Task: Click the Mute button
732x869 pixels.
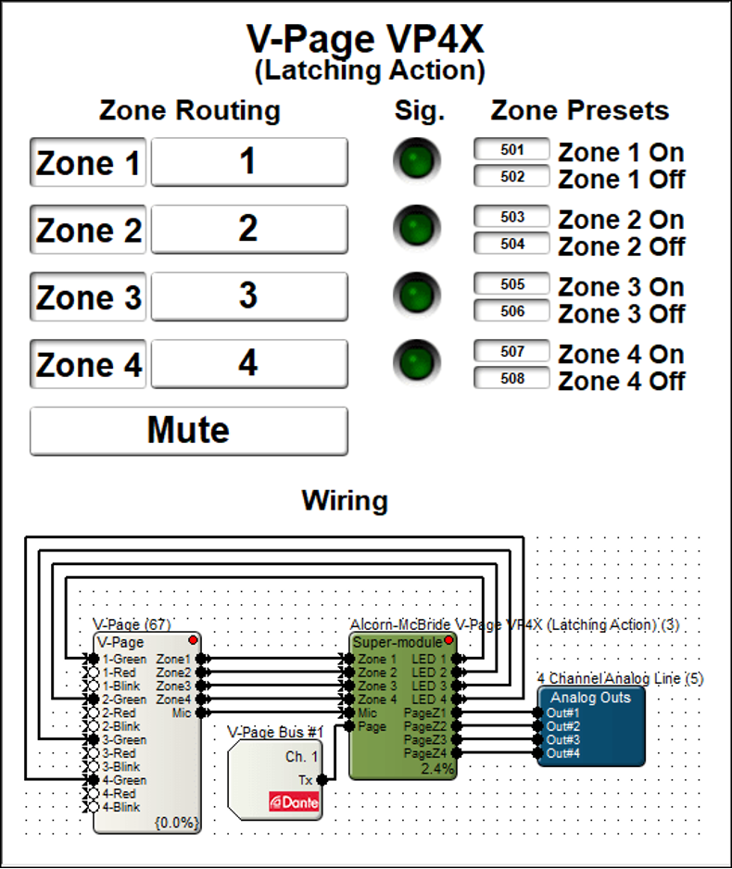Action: [189, 431]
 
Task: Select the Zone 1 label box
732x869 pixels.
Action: [88, 163]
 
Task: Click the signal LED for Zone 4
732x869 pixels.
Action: [416, 361]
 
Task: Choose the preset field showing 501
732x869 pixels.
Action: [511, 149]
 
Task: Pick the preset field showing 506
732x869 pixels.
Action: [511, 311]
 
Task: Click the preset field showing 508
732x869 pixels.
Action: [511, 378]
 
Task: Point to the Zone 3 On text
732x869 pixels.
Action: [621, 287]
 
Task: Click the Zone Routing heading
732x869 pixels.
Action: [189, 110]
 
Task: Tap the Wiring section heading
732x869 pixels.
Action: [345, 501]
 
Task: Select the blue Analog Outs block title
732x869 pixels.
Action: [590, 698]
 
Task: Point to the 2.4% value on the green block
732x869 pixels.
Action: [437, 768]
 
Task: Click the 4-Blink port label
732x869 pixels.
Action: [121, 807]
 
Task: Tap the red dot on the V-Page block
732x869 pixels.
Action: [193, 640]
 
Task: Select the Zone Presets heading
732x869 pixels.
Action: [579, 110]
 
